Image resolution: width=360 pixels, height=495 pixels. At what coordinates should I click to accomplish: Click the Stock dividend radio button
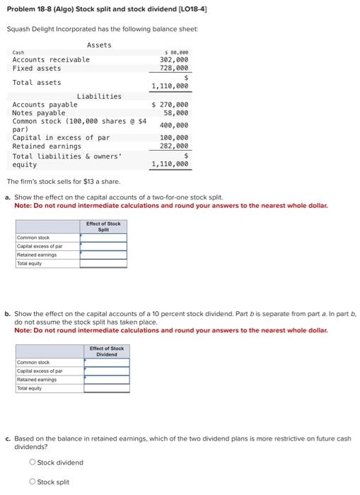point(33,462)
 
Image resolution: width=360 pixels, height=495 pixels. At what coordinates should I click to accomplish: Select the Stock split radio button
point(33,482)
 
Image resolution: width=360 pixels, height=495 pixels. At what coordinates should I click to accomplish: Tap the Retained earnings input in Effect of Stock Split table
point(103,255)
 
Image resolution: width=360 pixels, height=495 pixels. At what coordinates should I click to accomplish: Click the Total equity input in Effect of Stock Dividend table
point(107,388)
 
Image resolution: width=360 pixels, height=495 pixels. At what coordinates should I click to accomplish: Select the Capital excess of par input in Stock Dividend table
point(107,371)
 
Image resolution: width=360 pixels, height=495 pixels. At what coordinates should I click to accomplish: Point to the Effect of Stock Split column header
point(103,226)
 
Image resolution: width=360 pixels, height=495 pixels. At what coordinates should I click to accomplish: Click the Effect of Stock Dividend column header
point(107,351)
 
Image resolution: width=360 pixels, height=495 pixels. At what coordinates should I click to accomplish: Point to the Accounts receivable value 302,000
point(174,59)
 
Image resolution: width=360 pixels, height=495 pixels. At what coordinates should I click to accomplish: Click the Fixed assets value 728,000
point(174,68)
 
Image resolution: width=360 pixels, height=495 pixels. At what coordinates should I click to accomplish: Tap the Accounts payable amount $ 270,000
point(170,105)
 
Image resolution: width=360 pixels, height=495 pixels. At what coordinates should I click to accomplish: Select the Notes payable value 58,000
point(176,113)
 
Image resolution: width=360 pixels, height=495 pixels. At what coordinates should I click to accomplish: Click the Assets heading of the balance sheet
point(99,45)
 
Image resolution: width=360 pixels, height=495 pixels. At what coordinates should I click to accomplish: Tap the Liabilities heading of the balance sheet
point(99,96)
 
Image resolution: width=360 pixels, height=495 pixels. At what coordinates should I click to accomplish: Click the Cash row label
point(18,52)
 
